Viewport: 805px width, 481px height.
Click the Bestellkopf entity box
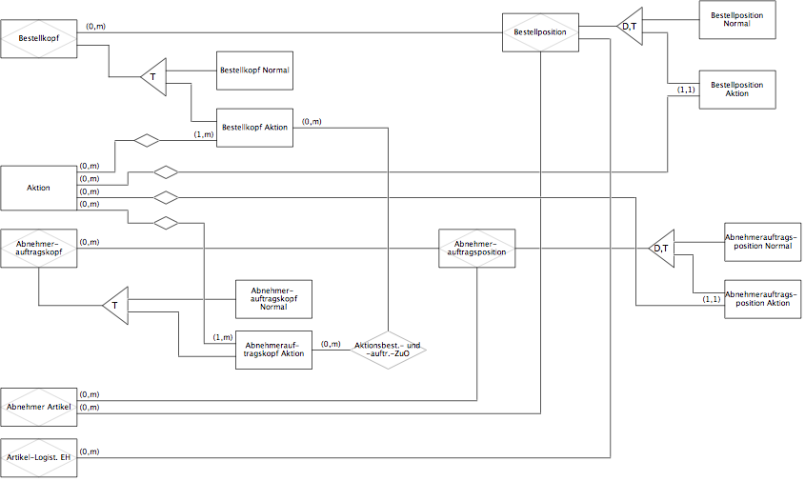coord(38,38)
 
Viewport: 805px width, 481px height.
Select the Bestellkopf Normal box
coord(254,70)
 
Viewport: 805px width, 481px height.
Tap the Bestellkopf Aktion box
coord(254,128)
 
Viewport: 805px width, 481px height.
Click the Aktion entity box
coord(38,188)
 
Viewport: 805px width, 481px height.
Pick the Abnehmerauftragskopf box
coord(38,248)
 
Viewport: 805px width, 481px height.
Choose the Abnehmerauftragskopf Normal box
coord(273,299)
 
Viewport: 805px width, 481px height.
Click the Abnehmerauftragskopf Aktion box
coord(273,350)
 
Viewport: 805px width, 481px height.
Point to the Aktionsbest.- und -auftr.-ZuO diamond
coord(388,350)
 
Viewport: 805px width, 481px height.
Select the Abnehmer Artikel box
coord(38,407)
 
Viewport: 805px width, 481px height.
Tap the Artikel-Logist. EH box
coord(38,457)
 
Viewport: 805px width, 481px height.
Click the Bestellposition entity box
coord(540,32)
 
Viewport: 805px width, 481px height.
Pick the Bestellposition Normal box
coord(737,19)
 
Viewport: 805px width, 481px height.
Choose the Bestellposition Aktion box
coord(737,90)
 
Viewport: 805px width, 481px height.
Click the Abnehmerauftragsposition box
coord(477,248)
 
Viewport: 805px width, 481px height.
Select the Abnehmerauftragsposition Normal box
coord(762,242)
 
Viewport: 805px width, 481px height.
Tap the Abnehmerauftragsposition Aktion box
coord(762,299)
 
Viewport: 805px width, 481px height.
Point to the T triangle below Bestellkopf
coord(155,77)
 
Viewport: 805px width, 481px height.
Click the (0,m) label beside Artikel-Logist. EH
coord(90,451)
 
